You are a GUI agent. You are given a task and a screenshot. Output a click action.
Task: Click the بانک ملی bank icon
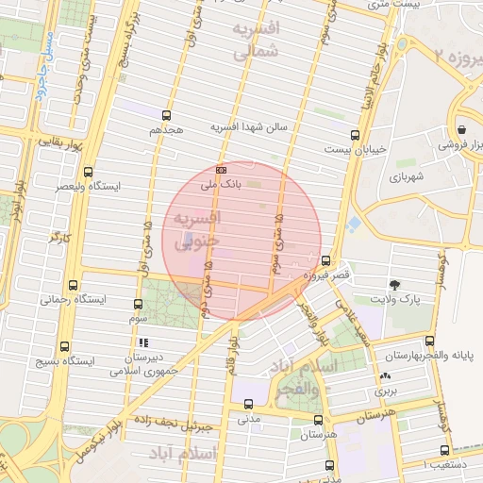[x=221, y=170]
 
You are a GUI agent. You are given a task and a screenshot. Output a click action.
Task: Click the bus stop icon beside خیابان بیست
[x=355, y=134]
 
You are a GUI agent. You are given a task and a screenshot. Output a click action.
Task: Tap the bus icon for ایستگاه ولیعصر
[x=88, y=172]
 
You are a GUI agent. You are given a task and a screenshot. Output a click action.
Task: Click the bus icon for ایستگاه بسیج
[x=64, y=345]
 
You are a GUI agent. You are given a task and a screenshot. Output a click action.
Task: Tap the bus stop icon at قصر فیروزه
[x=326, y=260]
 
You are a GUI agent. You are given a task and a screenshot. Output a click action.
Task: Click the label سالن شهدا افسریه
[x=255, y=126]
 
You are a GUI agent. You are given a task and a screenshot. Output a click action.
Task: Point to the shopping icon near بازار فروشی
[x=461, y=129]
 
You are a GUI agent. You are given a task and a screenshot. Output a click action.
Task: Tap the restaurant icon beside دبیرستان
[x=143, y=343]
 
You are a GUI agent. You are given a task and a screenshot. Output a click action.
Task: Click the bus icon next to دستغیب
[x=445, y=450]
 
